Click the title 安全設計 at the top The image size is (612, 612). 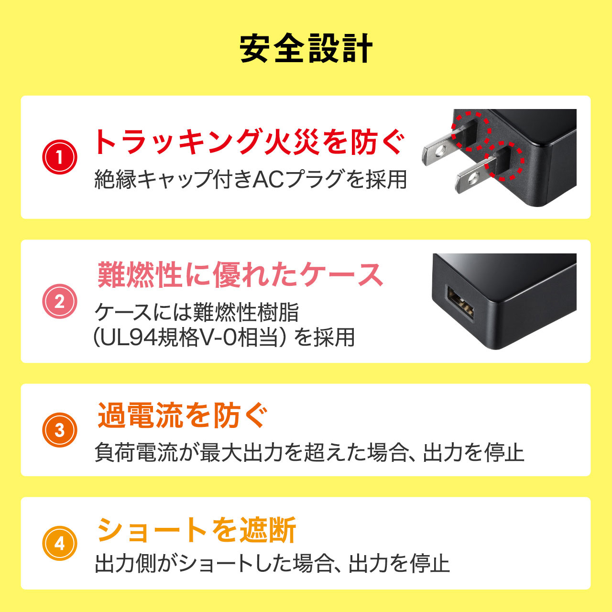[306, 49]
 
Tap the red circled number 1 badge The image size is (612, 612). [60, 157]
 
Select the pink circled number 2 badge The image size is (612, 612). [60, 301]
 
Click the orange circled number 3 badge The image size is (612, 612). [60, 430]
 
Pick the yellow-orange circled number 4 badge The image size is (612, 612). [60, 543]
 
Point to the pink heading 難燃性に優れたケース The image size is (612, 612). [240, 275]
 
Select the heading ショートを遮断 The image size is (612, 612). [197, 530]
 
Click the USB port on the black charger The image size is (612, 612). [461, 305]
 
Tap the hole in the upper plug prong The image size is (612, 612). [440, 152]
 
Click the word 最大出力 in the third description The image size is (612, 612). [241, 452]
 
